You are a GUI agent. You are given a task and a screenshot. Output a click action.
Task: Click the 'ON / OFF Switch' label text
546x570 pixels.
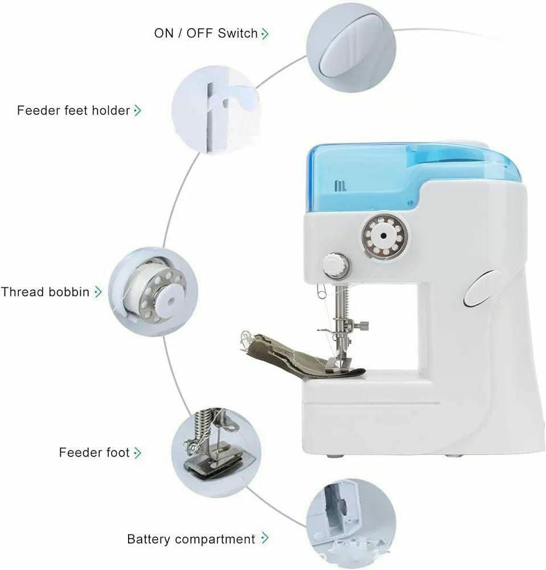(x=206, y=34)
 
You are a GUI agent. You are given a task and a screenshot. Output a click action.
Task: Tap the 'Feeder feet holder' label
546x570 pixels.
(x=73, y=110)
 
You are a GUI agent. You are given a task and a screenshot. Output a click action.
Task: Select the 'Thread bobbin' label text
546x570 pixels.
(x=45, y=292)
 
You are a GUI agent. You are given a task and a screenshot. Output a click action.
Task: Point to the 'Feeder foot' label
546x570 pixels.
(x=94, y=453)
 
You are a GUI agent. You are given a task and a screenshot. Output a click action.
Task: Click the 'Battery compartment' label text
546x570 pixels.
(x=191, y=539)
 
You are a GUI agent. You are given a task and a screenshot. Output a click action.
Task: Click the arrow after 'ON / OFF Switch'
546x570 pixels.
(x=265, y=34)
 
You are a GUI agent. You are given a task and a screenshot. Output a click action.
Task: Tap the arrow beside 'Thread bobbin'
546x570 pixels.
(x=98, y=292)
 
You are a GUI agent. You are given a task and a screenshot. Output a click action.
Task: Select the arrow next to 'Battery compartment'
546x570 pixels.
(x=265, y=538)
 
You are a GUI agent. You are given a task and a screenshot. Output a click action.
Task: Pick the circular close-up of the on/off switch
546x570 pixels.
(x=351, y=48)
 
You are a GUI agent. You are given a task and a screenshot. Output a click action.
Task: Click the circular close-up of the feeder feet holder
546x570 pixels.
(x=216, y=110)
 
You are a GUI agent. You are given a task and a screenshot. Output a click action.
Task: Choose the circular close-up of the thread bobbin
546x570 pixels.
(x=153, y=292)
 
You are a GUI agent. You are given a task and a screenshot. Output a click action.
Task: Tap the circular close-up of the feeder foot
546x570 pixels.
(x=216, y=453)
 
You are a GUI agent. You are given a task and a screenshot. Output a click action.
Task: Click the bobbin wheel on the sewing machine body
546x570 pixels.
(x=384, y=237)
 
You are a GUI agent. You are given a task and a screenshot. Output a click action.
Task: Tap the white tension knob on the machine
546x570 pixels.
(x=336, y=264)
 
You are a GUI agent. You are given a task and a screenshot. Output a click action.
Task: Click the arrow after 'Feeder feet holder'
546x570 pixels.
(x=138, y=110)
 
